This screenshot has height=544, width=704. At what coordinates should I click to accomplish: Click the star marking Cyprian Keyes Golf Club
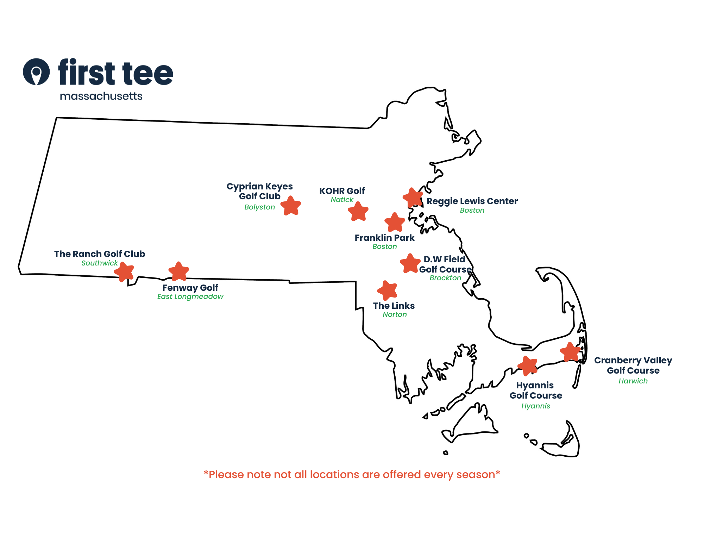pos(291,206)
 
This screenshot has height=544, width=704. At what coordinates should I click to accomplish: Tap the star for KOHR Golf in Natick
pos(358,212)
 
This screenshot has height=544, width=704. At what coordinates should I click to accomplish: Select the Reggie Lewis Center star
pos(413,198)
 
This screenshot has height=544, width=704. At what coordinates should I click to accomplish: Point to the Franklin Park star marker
pos(395,223)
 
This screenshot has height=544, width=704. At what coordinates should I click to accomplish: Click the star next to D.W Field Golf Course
pos(410,264)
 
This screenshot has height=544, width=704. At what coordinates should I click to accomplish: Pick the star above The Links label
pos(387,290)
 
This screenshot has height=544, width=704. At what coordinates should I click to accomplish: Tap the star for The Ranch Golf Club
pos(124,272)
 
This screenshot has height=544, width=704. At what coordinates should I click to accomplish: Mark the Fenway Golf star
pos(179,271)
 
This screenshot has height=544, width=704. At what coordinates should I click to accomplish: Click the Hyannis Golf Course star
pos(527,366)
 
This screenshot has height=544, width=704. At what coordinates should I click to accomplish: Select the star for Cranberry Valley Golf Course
pos(570,352)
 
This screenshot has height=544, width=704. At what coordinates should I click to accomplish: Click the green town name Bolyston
pos(259,207)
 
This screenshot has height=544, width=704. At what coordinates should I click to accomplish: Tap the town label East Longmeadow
pos(190,296)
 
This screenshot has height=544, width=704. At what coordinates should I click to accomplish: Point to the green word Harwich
pos(633,381)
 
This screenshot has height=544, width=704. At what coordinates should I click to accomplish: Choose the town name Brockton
pos(445,278)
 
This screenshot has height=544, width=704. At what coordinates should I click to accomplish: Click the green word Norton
pos(395,314)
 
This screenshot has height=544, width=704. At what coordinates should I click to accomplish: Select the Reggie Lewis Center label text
pos(472,201)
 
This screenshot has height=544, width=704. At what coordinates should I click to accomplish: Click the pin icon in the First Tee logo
pos(36,72)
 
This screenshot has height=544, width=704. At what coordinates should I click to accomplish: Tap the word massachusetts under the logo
pos(101,96)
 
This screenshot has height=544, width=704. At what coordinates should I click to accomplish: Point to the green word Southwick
pos(100,263)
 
